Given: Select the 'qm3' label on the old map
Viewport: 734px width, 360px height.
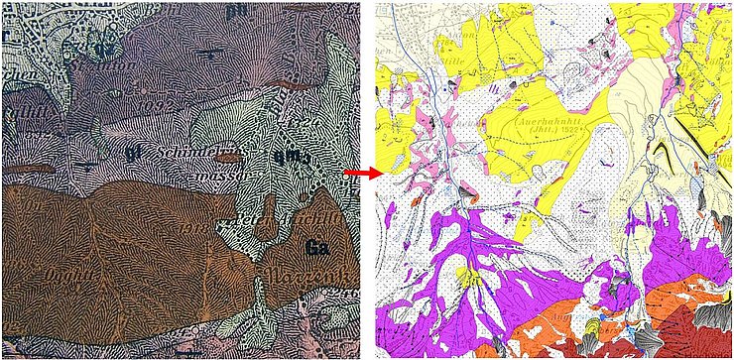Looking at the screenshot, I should tap(297, 155).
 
